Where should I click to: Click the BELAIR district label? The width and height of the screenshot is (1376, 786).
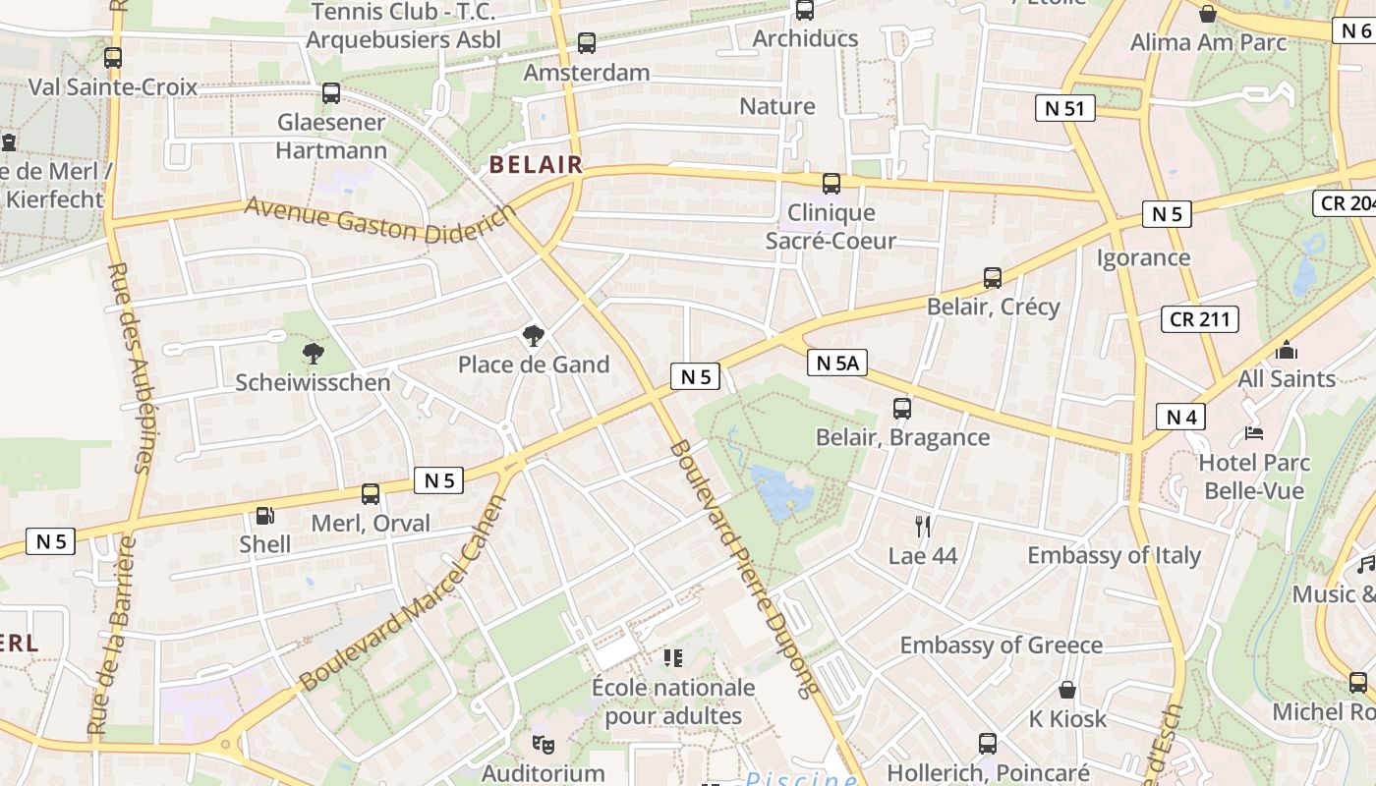537,165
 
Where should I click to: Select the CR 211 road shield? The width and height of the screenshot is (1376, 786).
1199,319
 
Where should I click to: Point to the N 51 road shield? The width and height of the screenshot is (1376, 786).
1064,108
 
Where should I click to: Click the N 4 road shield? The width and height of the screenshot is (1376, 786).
1180,417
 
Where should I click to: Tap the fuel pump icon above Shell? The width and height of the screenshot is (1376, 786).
264,515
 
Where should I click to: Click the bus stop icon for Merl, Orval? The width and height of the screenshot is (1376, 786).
371,494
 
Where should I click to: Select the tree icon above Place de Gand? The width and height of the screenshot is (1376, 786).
534,336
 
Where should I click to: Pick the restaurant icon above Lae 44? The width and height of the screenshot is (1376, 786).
922,527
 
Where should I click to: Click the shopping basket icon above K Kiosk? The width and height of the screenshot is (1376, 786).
1067,691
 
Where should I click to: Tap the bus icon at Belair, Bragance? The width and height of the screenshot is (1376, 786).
902,409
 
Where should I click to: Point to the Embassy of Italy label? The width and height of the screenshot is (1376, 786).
1114,555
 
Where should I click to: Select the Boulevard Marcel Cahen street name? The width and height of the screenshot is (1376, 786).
403,594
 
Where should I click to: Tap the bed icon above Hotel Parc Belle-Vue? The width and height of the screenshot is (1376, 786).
1254,432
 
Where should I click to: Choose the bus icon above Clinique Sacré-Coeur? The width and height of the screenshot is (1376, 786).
831,184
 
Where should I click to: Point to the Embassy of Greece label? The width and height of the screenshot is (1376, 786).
1001,646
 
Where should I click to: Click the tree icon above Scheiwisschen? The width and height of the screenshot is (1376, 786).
313,354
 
